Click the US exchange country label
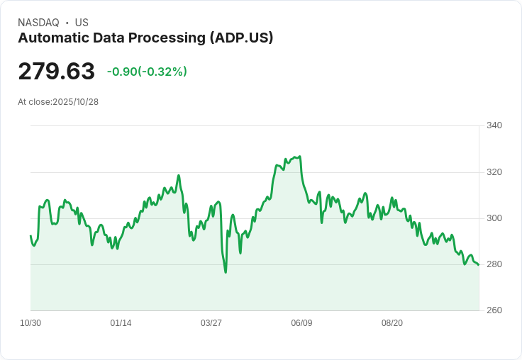[82, 23]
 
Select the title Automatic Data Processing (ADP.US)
[145, 38]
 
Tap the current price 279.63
[56, 72]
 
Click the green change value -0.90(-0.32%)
[147, 72]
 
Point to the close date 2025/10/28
[75, 102]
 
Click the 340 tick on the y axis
[494, 125]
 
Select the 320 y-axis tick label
[494, 172]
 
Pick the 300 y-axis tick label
[494, 218]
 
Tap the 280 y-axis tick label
[494, 264]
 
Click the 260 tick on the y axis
[494, 310]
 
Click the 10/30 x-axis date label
[30, 323]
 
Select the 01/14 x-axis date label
[121, 323]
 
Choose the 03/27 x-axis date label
[211, 323]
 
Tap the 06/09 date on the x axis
[301, 323]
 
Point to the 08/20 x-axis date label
[392, 323]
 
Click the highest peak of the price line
[300, 157]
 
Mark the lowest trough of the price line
[226, 272]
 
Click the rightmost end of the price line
[479, 265]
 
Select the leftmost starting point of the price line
[30, 236]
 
